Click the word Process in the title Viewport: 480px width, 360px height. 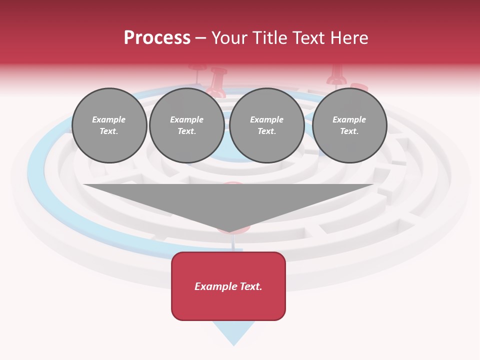(157, 38)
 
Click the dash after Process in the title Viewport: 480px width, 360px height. (201, 38)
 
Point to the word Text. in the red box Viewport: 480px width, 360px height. (250, 286)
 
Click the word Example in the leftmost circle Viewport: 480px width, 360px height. (109, 119)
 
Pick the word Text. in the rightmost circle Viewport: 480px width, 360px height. (349, 131)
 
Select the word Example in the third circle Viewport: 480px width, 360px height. (266, 119)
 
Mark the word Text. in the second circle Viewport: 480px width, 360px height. (186, 131)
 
